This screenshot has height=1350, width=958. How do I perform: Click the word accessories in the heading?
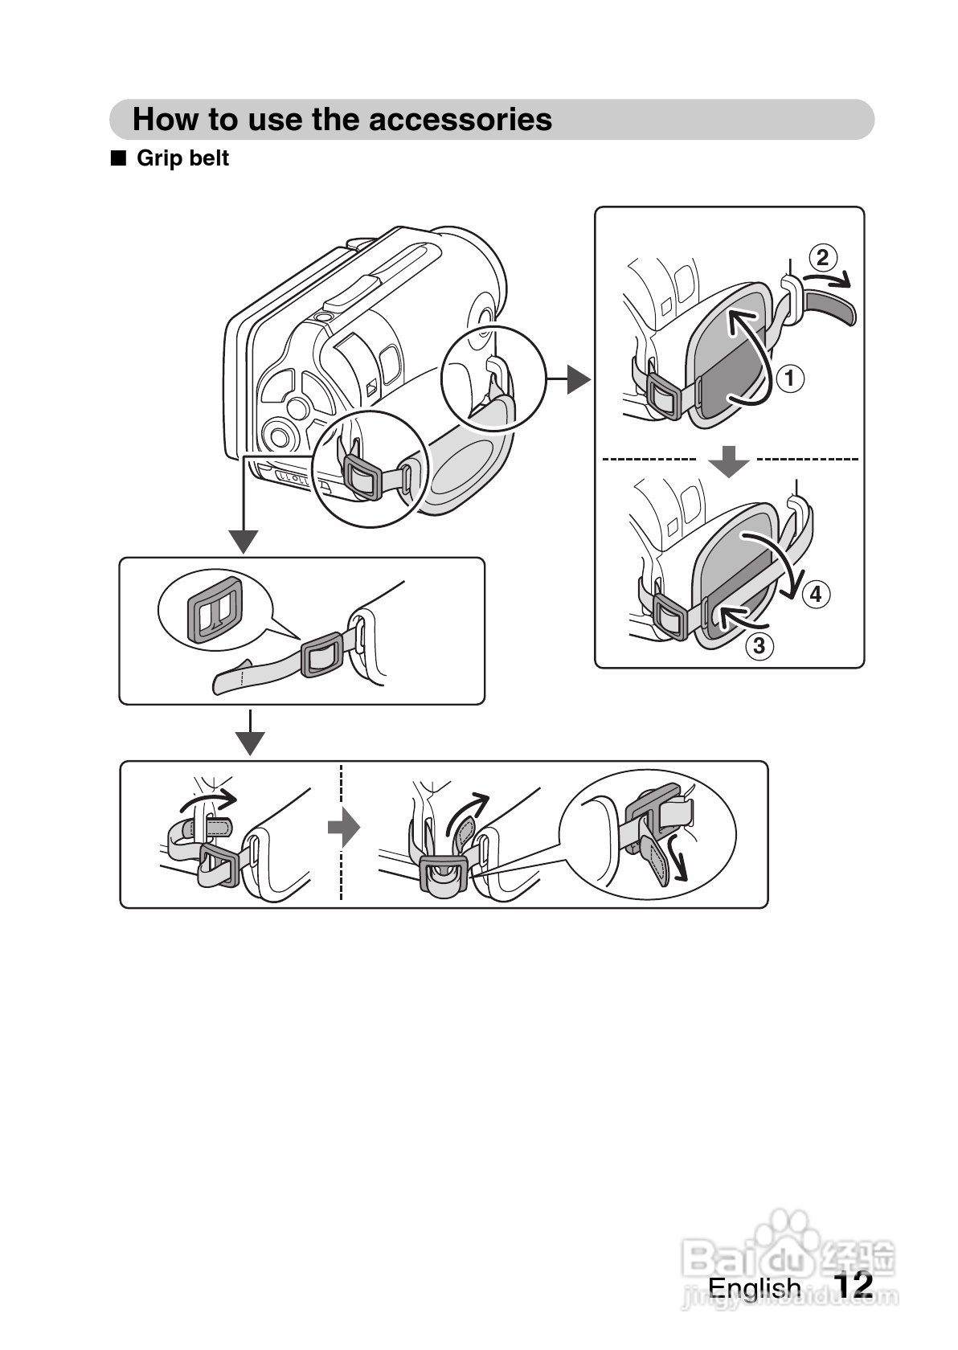(x=460, y=119)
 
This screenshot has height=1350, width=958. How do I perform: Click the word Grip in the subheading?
(x=160, y=157)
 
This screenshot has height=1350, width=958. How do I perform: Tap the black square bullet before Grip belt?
(x=118, y=157)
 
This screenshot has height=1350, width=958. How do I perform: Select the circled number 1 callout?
(x=789, y=378)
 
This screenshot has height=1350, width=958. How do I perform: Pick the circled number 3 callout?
(x=759, y=646)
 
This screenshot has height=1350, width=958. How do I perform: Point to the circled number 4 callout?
(x=816, y=595)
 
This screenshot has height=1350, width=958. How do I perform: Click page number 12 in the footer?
(x=854, y=1284)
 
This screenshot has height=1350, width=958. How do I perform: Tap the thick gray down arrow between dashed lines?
(x=729, y=461)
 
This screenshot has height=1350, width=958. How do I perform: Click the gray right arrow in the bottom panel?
(x=344, y=827)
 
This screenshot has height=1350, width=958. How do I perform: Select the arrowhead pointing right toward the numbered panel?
(x=578, y=380)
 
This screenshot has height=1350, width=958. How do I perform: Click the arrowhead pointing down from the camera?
(x=244, y=542)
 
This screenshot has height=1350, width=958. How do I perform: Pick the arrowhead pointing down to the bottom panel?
(x=250, y=743)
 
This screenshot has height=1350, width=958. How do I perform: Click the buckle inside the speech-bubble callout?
(x=215, y=610)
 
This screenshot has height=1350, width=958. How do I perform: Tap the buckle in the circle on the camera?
(x=362, y=476)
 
